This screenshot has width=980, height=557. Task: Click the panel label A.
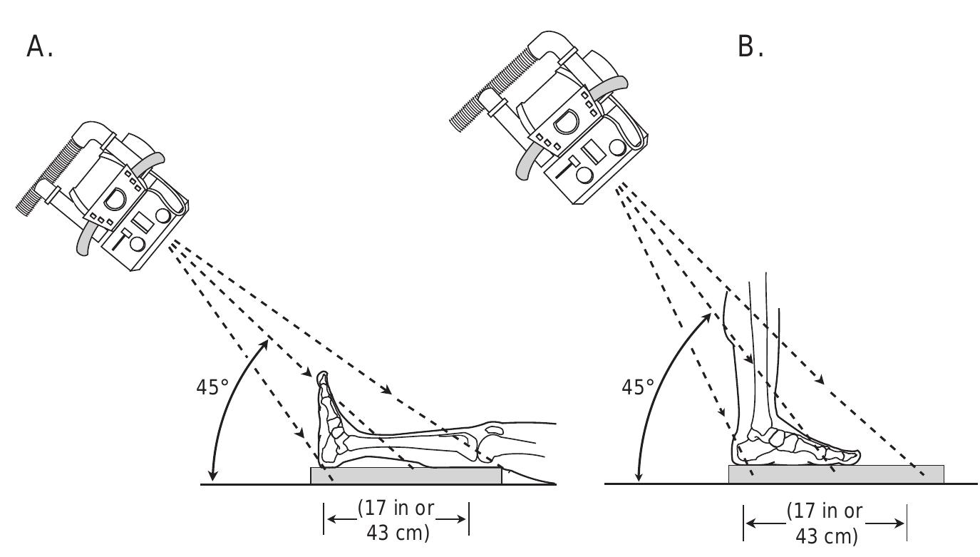coord(39,47)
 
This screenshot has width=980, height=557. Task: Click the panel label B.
coord(750,47)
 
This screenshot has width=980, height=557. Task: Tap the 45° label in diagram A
coord(212,387)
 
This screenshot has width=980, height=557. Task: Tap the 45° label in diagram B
coord(638,387)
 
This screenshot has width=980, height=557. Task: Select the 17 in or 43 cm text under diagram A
coord(396,521)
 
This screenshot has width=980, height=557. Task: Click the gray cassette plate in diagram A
coord(406,475)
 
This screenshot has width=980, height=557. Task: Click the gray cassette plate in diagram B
coord(835,474)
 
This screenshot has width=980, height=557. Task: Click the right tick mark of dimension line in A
coord(468,518)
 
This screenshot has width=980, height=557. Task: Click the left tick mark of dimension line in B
coord(743,523)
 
